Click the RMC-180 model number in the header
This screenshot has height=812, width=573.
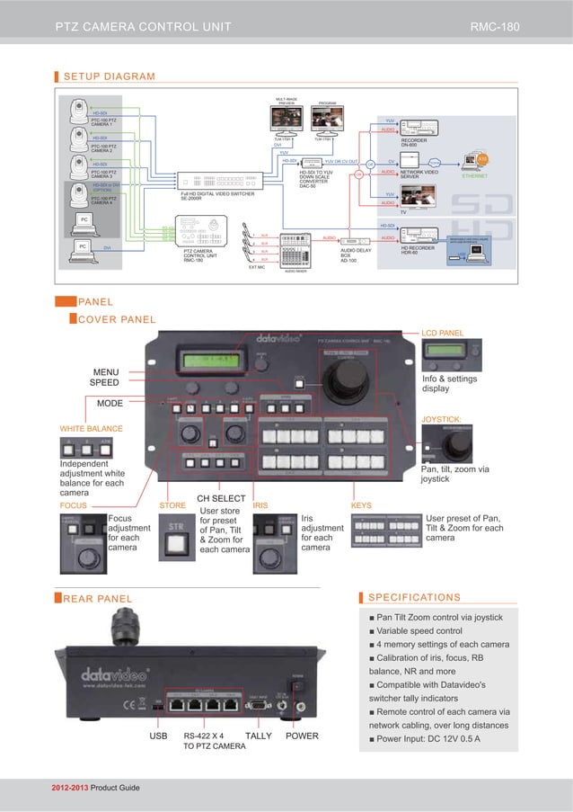pos(495,26)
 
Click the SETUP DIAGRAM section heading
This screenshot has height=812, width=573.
pos(108,76)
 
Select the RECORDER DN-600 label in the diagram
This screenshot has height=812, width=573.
pos(415,142)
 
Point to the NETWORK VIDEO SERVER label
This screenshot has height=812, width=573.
pos(419,173)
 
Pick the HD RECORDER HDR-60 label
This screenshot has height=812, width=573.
pos(420,251)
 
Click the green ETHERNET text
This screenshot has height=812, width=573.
pos(474,176)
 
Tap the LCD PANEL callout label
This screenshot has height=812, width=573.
pos(443,334)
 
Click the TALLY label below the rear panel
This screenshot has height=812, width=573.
pos(259,736)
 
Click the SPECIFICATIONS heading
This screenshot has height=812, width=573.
pos(415,597)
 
